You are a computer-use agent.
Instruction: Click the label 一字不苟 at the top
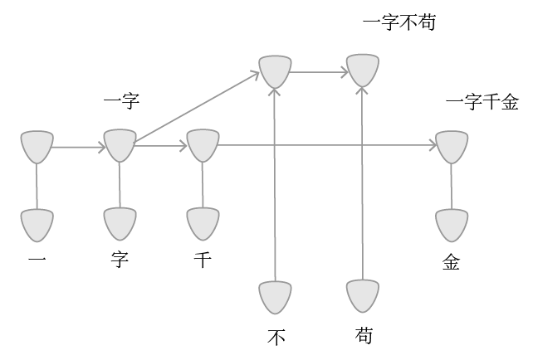[399, 22]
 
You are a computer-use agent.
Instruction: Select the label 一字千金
[482, 103]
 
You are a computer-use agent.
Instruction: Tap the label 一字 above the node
[121, 103]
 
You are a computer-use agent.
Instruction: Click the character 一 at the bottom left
[37, 261]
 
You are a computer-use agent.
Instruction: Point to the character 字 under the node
[120, 261]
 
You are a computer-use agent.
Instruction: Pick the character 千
[202, 261]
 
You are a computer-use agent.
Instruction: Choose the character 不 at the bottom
[276, 337]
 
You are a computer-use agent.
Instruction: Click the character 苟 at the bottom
[363, 336]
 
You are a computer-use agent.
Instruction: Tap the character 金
[451, 262]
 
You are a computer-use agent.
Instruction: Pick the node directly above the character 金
[452, 224]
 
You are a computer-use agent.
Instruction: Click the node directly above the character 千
[203, 224]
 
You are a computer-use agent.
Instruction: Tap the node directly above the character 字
[120, 224]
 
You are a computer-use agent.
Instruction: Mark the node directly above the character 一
[37, 224]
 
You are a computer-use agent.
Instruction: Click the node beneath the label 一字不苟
[363, 71]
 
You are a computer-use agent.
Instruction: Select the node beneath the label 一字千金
[452, 146]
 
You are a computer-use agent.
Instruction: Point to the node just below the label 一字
[120, 146]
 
